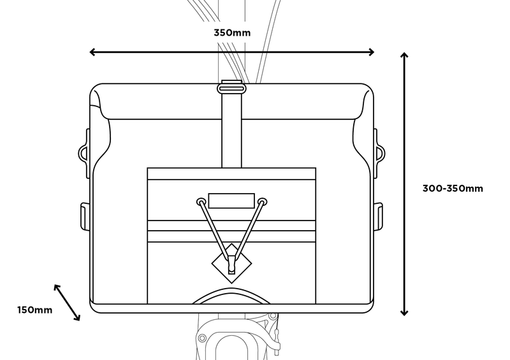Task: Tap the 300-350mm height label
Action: click(453, 188)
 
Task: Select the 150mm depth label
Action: click(34, 310)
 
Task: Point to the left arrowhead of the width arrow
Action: click(92, 52)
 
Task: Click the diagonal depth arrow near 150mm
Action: click(67, 303)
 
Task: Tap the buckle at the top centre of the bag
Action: click(231, 87)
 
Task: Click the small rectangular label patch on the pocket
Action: click(231, 200)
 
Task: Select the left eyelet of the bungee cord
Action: click(200, 201)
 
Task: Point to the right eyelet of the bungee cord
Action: click(262, 201)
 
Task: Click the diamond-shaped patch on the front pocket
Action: click(231, 263)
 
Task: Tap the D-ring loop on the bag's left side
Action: click(84, 152)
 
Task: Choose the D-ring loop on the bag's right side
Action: click(380, 152)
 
